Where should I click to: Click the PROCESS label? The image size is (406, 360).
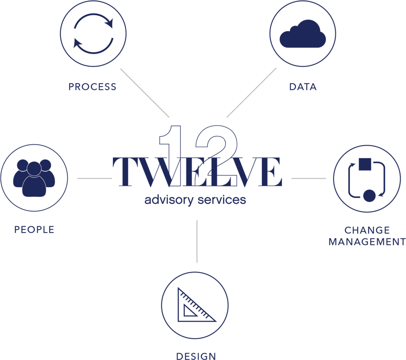pos(93,87)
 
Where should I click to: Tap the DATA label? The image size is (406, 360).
pos(303,87)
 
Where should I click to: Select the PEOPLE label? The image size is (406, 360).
pos(34,230)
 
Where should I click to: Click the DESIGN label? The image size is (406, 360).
pos(196,356)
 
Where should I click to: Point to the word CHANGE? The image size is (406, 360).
pos(367,230)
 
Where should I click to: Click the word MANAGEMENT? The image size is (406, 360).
pos(367,242)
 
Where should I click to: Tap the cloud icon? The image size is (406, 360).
pos(303,34)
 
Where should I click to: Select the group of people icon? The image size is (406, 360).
pos(34,178)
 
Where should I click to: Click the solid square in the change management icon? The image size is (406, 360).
pos(365,164)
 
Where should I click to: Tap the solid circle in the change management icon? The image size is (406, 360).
pos(369,196)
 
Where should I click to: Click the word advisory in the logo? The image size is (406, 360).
pos(169,200)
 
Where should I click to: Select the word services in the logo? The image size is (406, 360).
pos(222,200)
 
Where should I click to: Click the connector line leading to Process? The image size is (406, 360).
pos(145,93)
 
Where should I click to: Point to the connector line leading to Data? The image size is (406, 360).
pos(252,93)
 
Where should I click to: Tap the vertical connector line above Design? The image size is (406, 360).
pos(197,241)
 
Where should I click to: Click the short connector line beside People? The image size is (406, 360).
pos(95,178)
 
